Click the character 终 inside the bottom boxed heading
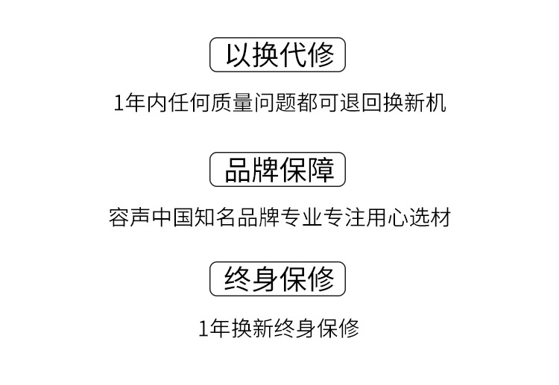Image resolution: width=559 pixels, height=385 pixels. [238, 279]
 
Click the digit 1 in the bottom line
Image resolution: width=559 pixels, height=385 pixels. [203, 328]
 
